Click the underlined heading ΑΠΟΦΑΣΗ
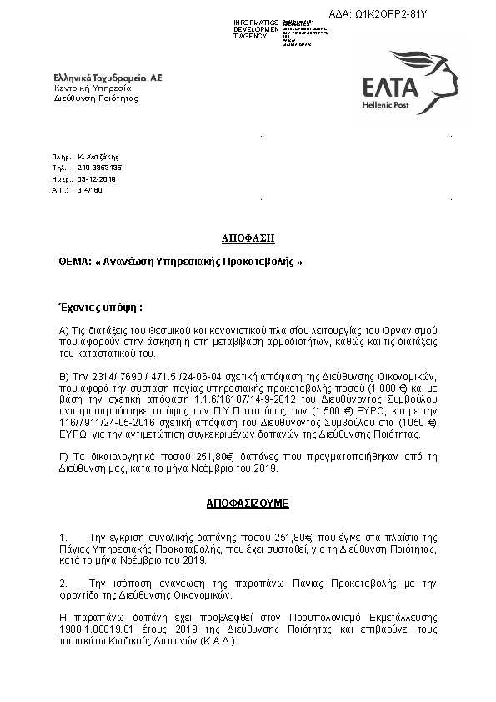(248, 238)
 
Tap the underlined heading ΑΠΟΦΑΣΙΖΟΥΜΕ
(248, 505)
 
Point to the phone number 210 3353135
(98, 168)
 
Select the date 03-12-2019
(97, 179)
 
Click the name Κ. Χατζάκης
(98, 156)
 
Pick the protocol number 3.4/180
(89, 191)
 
